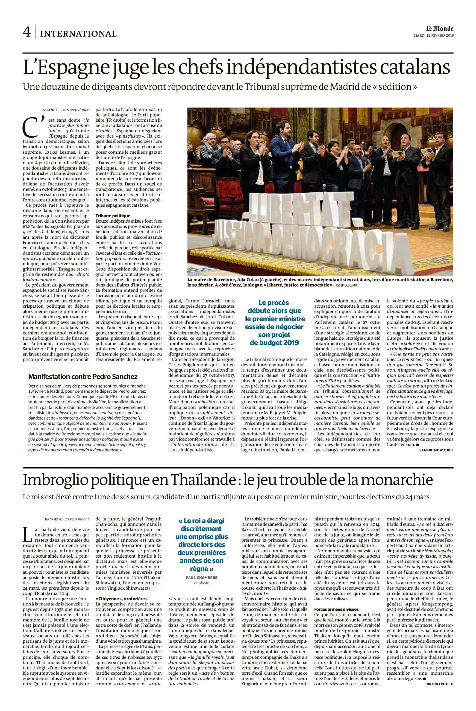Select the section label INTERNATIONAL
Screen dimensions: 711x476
pyautogui.click(x=78, y=34)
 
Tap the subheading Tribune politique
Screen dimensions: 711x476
pyautogui.click(x=113, y=216)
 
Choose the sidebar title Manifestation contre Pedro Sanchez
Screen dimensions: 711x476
pyautogui.click(x=83, y=377)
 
